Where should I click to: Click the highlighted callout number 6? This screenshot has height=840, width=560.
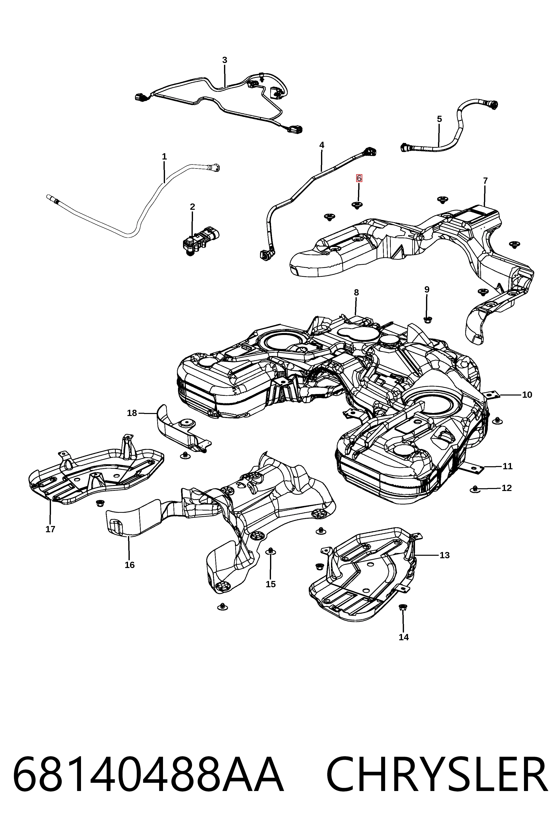[x=359, y=178]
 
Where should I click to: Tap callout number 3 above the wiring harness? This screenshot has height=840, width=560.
[x=225, y=60]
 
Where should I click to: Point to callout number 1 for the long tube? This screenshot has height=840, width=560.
[x=164, y=156]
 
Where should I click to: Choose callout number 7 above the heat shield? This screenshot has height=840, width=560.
[x=485, y=181]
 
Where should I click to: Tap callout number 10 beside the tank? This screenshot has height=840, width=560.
[x=527, y=395]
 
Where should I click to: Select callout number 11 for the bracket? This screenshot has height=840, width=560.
[x=507, y=466]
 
